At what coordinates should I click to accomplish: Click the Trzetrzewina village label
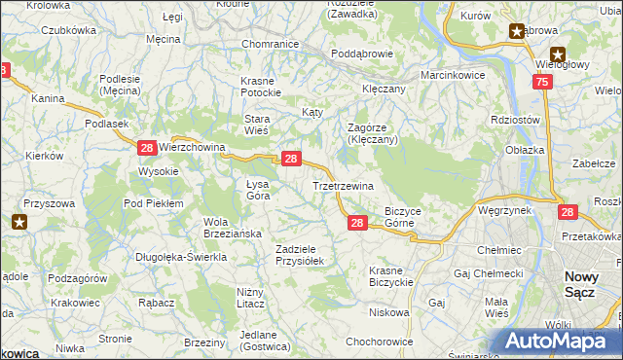click(343, 185)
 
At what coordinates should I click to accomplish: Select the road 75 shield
click(542, 84)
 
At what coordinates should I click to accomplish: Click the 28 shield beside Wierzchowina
click(146, 148)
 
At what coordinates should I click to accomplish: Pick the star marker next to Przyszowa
click(19, 222)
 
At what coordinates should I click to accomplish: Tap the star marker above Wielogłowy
click(558, 54)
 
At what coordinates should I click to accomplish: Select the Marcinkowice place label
click(452, 75)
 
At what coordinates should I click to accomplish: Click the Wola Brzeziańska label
click(230, 228)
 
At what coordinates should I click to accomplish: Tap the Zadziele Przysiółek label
click(305, 255)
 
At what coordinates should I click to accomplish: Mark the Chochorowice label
click(380, 342)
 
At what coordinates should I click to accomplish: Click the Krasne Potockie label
click(262, 86)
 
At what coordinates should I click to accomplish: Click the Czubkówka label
click(68, 30)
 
